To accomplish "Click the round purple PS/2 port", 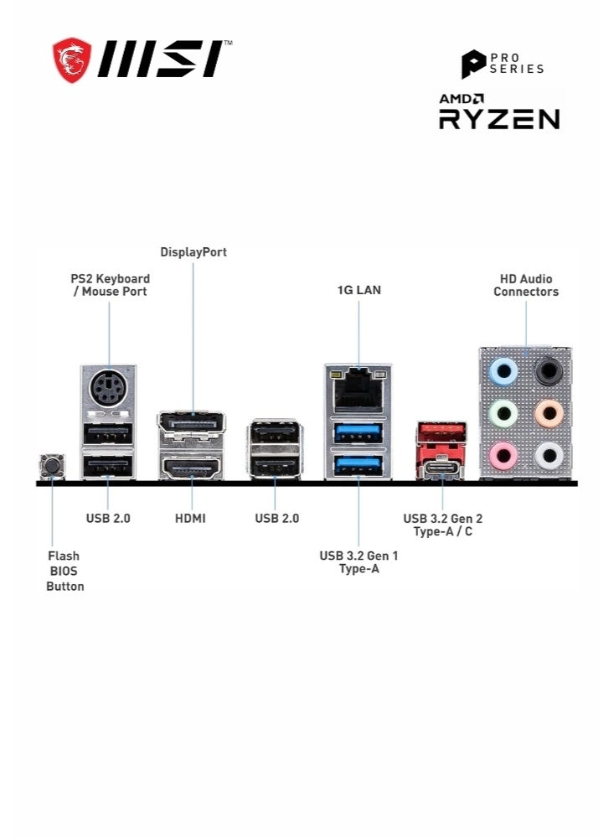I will pos(108,389).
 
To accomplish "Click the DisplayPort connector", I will pos(191,424).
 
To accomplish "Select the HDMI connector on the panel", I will pos(191,468).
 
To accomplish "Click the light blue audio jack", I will pos(503,370).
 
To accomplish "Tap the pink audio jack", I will pos(503,456).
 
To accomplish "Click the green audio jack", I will pos(503,412).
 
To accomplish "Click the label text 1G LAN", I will pos(359,290).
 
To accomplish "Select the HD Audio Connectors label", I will pos(526,285).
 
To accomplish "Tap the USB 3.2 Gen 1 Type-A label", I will pos(359,561).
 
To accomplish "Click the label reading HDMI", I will pos(190,519).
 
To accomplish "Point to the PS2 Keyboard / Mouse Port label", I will pos(110,285).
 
